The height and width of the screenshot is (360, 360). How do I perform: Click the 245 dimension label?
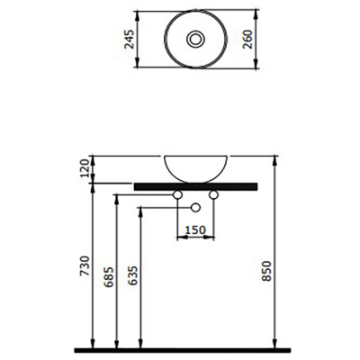click(x=130, y=39)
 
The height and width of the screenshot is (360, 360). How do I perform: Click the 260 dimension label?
click(x=247, y=39)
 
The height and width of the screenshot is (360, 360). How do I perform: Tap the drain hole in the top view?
click(x=196, y=39)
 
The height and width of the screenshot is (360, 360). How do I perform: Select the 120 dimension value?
click(x=85, y=168)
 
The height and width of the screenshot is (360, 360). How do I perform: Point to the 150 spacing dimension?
click(x=195, y=230)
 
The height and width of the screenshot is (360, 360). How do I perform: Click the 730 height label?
click(x=85, y=265)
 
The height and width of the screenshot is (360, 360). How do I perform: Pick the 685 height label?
click(x=109, y=276)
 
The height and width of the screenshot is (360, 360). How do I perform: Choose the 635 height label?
click(x=133, y=276)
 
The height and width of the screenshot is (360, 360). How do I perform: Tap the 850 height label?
click(x=266, y=271)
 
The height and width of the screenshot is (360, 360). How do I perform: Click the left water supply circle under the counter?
click(x=177, y=195)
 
